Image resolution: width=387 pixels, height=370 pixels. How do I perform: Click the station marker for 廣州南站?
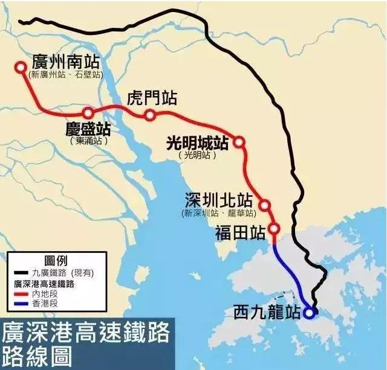tap(22, 68)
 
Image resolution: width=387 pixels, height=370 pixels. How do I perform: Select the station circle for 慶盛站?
tap(88, 113)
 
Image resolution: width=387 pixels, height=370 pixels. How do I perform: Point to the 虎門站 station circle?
tap(151, 115)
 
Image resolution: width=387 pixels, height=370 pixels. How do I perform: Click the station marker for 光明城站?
tap(239, 142)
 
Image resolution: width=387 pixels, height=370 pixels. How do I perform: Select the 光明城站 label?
tap(197, 143)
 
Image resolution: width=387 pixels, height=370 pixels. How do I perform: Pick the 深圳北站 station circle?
tap(264, 205)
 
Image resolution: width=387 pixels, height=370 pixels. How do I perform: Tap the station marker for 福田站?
tap(274, 229)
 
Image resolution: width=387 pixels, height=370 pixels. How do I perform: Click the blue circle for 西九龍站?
tap(309, 313)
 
